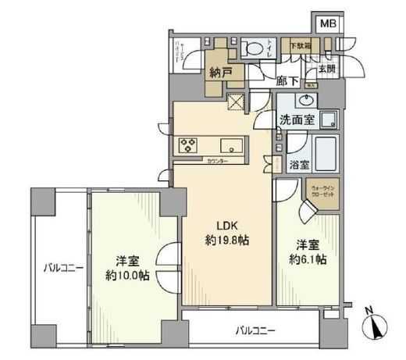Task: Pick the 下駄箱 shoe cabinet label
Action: click(x=299, y=46)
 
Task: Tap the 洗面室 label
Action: click(x=297, y=121)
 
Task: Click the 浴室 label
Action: click(x=299, y=165)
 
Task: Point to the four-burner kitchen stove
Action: click(x=188, y=144)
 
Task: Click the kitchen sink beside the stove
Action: click(x=233, y=145)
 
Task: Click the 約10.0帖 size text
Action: click(x=128, y=274)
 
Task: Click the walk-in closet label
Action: click(x=324, y=192)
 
